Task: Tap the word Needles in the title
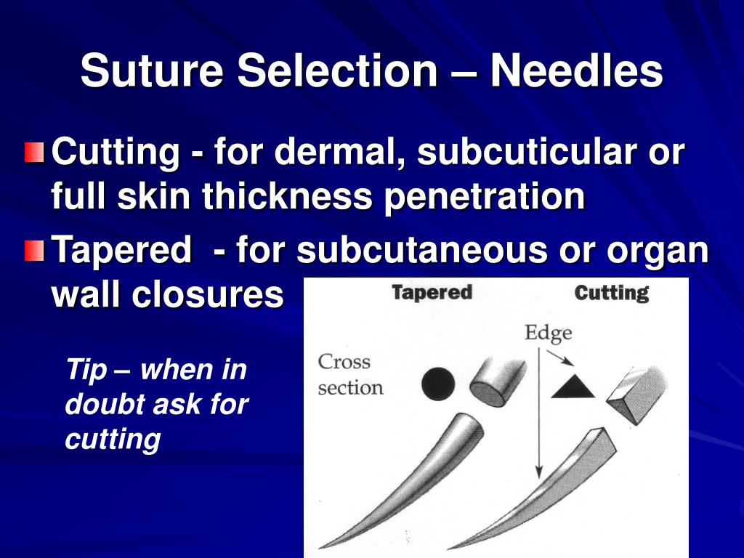pos(575,71)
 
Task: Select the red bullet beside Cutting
pos(33,154)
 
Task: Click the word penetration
pos(485,196)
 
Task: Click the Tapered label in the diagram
pos(432,293)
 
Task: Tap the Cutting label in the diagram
pos(611,293)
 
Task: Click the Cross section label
pos(349,374)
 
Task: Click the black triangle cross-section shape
pos(573,387)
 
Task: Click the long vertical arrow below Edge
pos(538,413)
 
